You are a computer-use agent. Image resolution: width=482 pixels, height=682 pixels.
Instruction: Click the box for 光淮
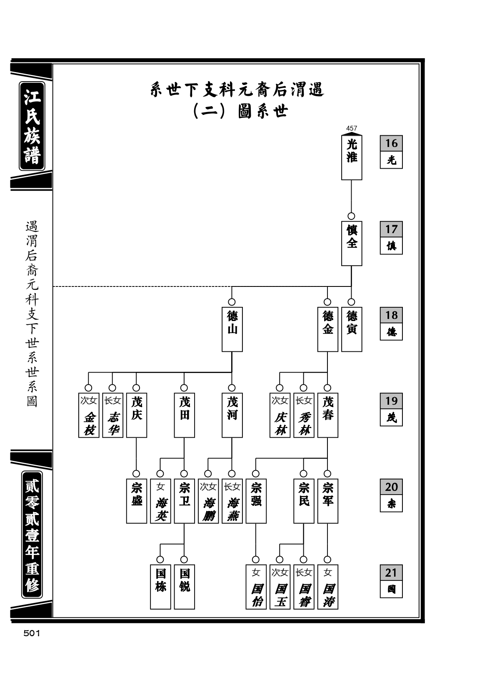[351, 157]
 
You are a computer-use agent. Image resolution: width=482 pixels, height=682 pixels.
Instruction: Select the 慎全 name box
[351, 244]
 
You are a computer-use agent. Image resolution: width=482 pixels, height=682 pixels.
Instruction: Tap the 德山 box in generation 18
[232, 329]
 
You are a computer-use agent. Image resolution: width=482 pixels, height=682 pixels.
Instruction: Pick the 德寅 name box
[351, 329]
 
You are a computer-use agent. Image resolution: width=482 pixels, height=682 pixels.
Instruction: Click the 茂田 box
[184, 415]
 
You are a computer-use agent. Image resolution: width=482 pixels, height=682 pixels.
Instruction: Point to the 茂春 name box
[327, 415]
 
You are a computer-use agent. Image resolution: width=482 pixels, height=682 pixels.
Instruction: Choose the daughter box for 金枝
[89, 415]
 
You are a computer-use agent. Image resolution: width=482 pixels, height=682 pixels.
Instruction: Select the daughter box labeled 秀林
[304, 415]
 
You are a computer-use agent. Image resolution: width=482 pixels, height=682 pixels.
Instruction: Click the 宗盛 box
[137, 501]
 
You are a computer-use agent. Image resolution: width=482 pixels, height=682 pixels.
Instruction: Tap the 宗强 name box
[256, 501]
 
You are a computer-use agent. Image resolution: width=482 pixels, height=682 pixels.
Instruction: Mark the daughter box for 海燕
[232, 501]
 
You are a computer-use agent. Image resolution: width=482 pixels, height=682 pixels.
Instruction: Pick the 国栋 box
[160, 587]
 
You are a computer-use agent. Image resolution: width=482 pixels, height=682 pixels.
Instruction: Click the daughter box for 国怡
[256, 587]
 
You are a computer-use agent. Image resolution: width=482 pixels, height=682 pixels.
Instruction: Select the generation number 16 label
[391, 143]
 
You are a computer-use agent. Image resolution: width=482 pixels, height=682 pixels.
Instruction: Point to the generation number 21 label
[391, 572]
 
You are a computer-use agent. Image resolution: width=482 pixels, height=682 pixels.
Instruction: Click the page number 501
[32, 633]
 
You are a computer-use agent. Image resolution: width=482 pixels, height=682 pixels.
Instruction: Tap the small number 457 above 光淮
[351, 128]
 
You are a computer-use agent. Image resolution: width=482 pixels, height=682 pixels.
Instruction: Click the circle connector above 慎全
[351, 216]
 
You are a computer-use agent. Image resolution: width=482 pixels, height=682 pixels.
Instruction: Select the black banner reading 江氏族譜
[32, 126]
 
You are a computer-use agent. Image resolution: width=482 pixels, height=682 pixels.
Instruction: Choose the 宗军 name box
[327, 501]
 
